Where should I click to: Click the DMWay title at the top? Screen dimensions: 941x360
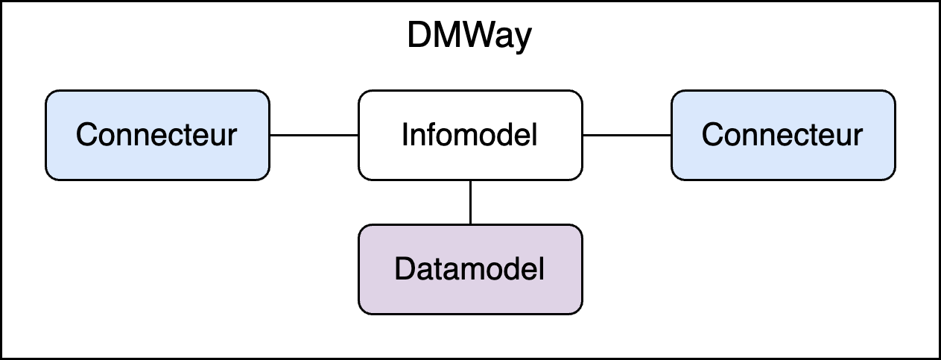(x=469, y=37)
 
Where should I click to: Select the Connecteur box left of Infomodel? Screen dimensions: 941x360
(x=157, y=135)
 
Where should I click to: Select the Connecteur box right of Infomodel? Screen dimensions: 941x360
(x=784, y=135)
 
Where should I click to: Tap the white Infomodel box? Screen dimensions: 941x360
(x=471, y=135)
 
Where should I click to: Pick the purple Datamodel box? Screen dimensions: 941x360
(x=471, y=269)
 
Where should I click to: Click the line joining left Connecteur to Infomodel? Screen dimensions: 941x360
(x=314, y=135)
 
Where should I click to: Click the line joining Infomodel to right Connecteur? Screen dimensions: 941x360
(x=627, y=135)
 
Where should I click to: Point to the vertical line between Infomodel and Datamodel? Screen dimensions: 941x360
(x=471, y=203)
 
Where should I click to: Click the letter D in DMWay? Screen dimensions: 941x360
(x=419, y=35)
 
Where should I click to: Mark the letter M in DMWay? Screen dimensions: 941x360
(x=449, y=35)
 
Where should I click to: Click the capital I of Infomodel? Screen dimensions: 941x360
(x=405, y=134)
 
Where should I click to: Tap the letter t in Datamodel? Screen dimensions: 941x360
(x=440, y=270)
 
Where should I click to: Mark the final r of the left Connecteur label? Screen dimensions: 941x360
(x=232, y=137)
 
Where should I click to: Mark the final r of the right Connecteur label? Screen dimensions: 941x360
(x=858, y=137)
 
